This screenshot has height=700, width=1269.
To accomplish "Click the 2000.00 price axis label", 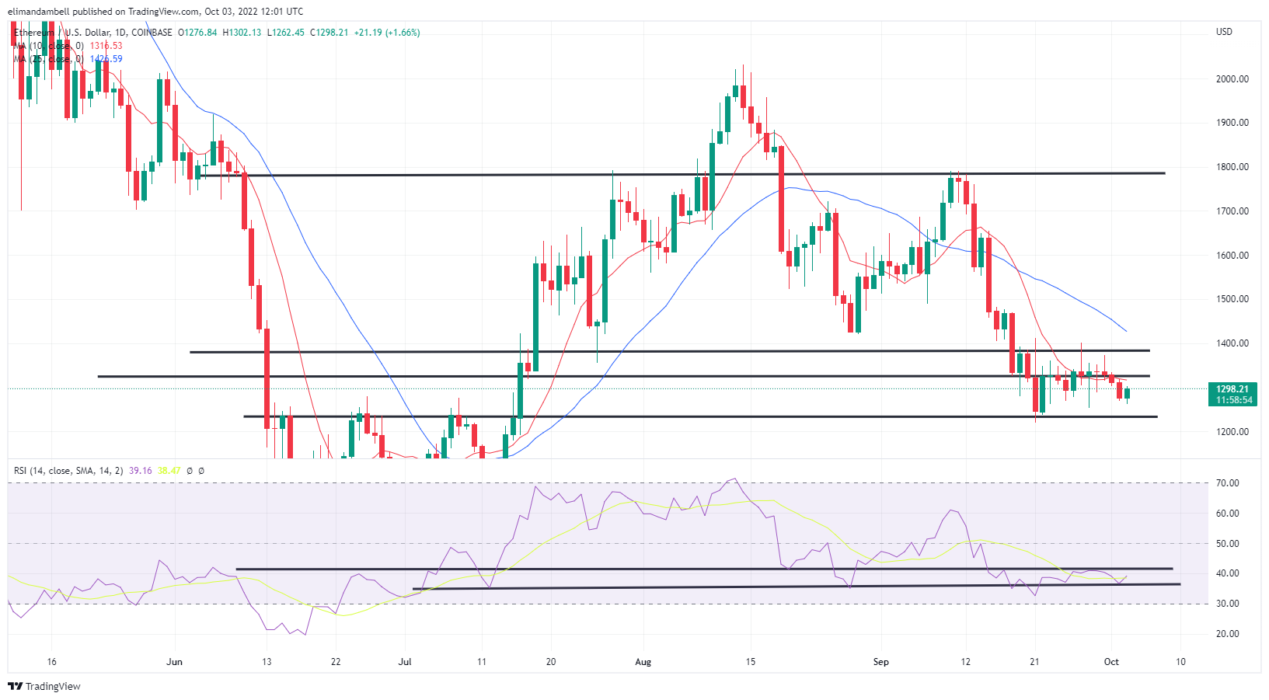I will tap(1232, 78).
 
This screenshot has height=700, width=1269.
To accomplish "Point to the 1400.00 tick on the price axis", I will tap(1232, 343).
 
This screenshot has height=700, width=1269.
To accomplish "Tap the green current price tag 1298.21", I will tap(1232, 389).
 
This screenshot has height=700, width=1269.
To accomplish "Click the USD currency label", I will tap(1224, 32).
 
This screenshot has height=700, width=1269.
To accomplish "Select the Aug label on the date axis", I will tap(643, 662).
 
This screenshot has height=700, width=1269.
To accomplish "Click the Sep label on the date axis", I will tap(880, 662).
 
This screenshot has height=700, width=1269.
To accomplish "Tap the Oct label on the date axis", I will tap(1111, 662).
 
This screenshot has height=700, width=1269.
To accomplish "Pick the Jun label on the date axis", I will tap(174, 662).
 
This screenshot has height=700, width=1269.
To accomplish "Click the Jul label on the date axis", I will tap(404, 662).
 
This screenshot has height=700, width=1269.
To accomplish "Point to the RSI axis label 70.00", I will tap(1228, 483).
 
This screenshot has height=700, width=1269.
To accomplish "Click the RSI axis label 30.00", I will tap(1228, 604).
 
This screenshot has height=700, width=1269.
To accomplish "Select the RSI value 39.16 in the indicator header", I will tap(141, 471).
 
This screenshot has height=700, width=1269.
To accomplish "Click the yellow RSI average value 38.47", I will tap(169, 471).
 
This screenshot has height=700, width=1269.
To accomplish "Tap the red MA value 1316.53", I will tap(106, 46).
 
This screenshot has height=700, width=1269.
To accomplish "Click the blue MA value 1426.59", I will tap(106, 59).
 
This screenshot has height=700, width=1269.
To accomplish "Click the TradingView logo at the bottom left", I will tap(44, 686).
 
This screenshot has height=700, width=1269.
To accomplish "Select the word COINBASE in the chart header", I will tap(152, 33).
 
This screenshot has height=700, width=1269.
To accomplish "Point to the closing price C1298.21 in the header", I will tap(329, 33).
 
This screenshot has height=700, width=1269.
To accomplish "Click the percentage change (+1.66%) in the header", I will tap(403, 33).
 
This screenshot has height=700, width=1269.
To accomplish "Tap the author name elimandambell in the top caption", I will tap(38, 12).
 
